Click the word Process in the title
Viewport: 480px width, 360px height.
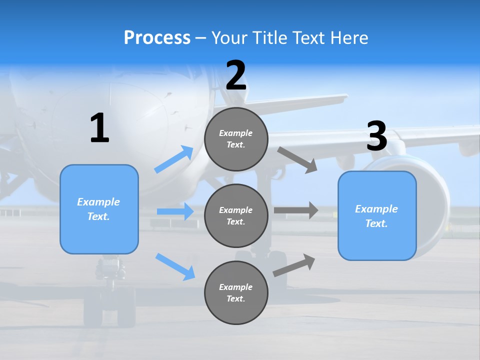pos(157,38)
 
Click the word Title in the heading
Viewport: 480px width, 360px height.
pos(269,38)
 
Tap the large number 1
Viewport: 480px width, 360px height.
pos(99,128)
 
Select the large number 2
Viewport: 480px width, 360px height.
pos(236,75)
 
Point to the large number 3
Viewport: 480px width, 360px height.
pos(376,136)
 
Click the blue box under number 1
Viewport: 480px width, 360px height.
pos(99,209)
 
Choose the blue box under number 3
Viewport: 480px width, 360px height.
pos(377,215)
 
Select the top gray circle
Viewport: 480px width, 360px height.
pos(236,139)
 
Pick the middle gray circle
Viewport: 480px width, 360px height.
pos(236,215)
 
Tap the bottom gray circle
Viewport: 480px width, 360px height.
pos(236,292)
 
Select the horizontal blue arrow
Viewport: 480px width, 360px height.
pos(175,211)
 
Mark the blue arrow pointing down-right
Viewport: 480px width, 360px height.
pos(175,266)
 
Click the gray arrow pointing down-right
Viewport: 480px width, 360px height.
pos(297,159)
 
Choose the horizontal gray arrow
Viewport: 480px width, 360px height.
pos(296,210)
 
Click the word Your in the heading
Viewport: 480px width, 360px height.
pos(229,38)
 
